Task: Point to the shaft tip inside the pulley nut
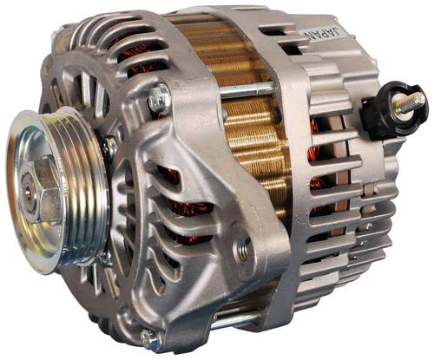pyautogui.click(x=28, y=192)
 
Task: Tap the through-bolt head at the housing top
pyautogui.click(x=159, y=98)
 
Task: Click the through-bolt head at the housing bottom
pyautogui.click(x=150, y=337)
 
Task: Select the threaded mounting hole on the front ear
pyautogui.click(x=242, y=249)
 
